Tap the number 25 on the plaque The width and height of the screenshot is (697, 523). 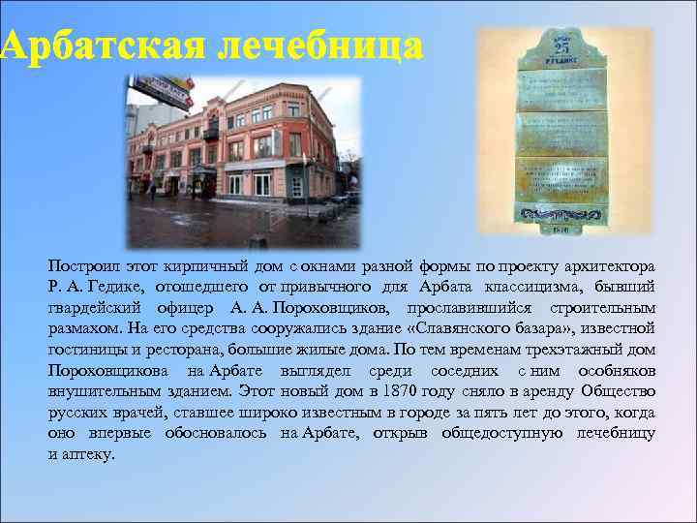(561, 49)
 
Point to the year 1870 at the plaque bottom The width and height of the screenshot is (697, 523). (561, 230)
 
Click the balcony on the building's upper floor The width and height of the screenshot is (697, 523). (210, 132)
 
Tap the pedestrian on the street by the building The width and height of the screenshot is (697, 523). (152, 191)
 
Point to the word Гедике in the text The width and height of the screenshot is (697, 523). (115, 286)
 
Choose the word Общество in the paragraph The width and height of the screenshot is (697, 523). (618, 391)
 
